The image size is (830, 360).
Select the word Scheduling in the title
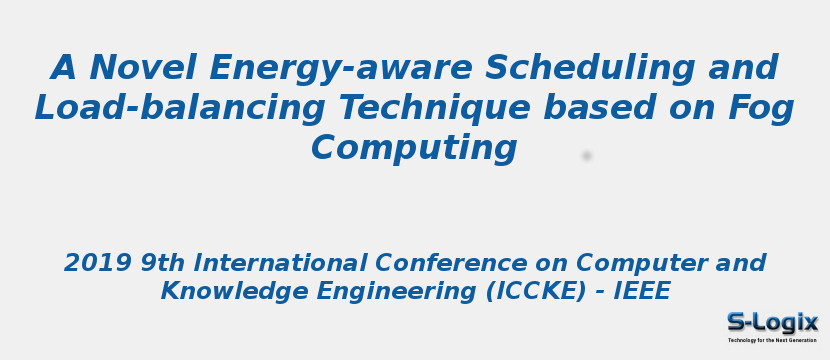tap(590, 68)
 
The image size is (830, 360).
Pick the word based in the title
tap(601, 108)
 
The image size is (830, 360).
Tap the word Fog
tap(758, 108)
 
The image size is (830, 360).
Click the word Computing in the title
tap(414, 148)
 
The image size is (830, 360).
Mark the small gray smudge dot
tap(587, 156)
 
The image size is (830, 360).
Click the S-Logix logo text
tap(772, 322)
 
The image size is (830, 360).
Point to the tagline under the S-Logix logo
tap(772, 340)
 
